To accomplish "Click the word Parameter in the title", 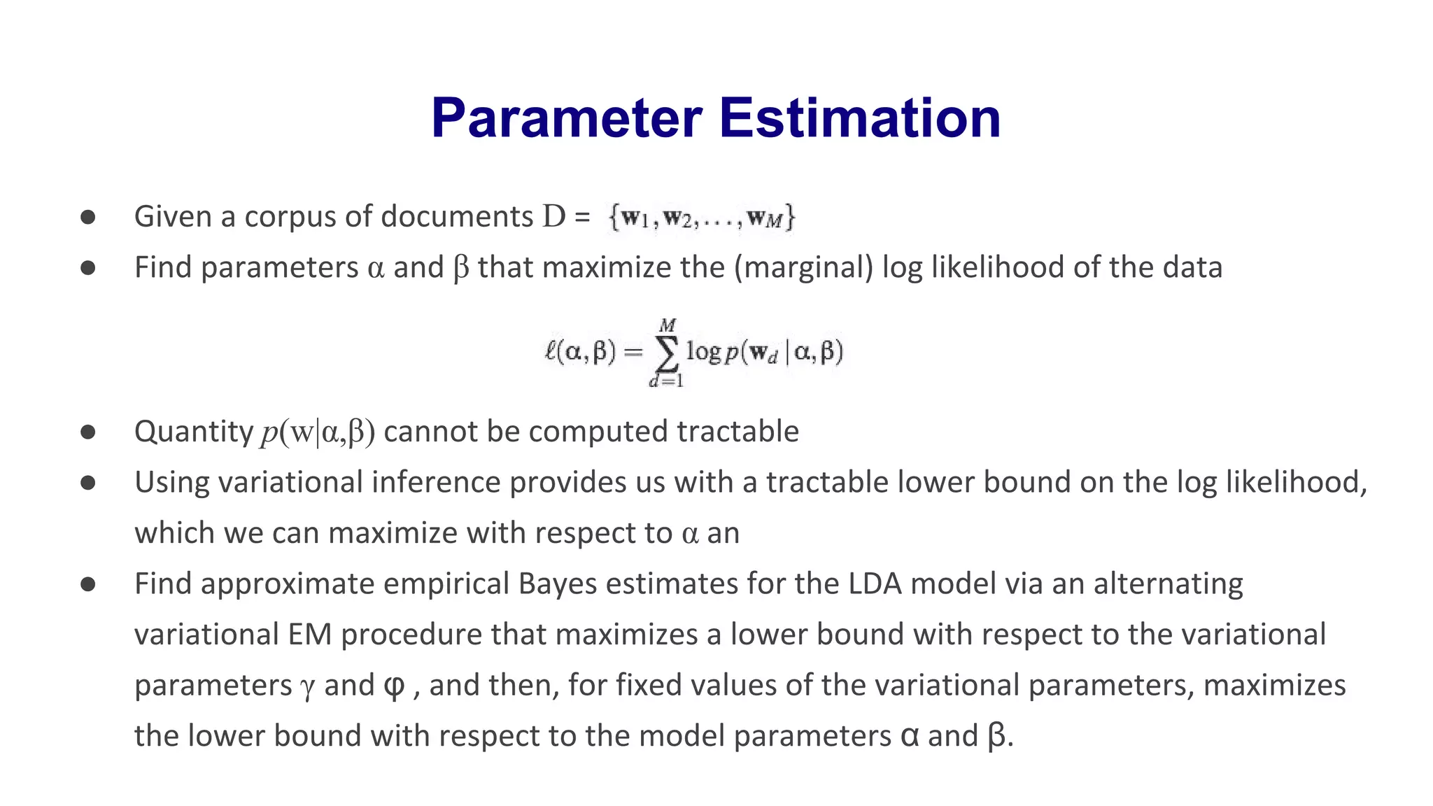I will point(566,118).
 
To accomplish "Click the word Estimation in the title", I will point(860,118).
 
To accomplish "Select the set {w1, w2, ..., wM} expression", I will point(702,218).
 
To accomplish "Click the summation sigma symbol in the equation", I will point(666,353).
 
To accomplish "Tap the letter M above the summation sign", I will point(667,326).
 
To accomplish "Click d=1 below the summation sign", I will point(665,381).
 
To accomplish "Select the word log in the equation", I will point(703,351).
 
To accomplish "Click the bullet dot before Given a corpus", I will point(88,217).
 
